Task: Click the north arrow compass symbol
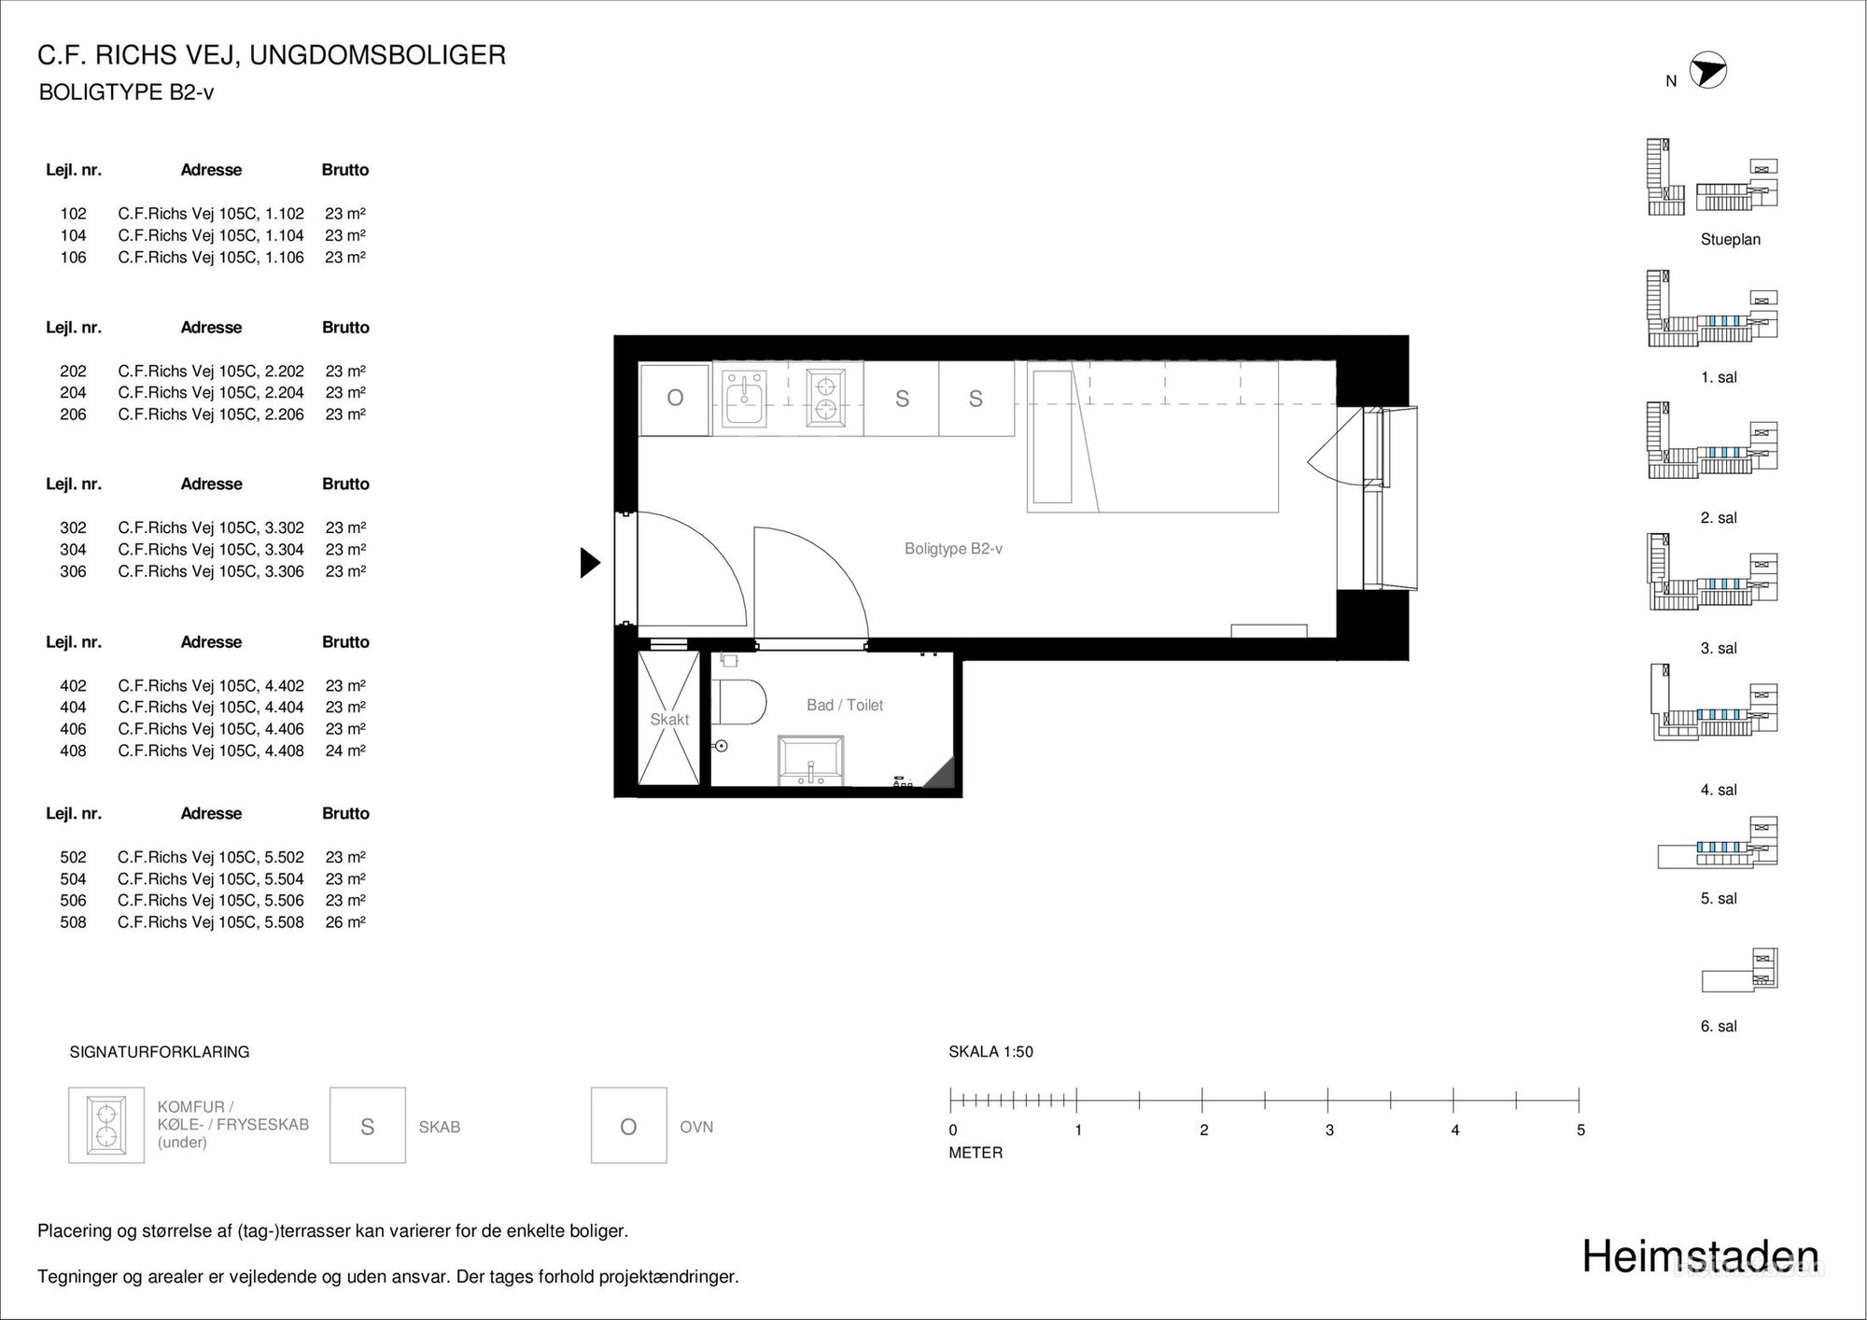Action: (1708, 70)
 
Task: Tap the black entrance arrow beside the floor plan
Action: (590, 563)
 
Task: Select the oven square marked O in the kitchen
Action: (675, 399)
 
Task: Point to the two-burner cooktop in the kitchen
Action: (826, 398)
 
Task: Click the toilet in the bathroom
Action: (738, 702)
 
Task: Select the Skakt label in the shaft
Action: (669, 720)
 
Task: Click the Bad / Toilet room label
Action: (845, 706)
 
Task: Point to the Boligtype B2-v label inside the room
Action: (953, 549)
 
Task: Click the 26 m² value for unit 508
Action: (345, 922)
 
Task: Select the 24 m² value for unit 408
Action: (345, 751)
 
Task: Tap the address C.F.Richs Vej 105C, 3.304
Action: (211, 550)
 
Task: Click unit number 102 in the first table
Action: (74, 214)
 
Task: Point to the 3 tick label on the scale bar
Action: (1329, 1130)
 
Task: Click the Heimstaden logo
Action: (1701, 1257)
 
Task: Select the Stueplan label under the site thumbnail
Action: (1731, 240)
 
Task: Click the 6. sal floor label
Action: (1719, 1026)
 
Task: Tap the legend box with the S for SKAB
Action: (368, 1125)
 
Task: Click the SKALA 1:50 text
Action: (990, 1052)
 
